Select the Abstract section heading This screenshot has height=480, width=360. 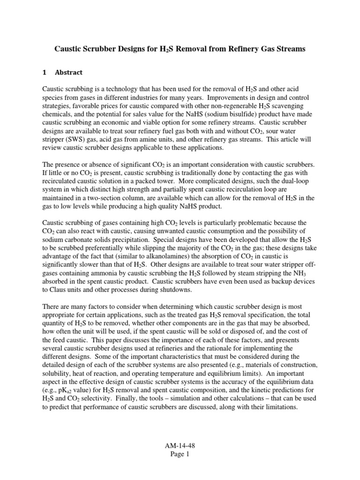(x=68, y=72)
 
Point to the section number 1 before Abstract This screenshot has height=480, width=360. (x=45, y=72)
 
